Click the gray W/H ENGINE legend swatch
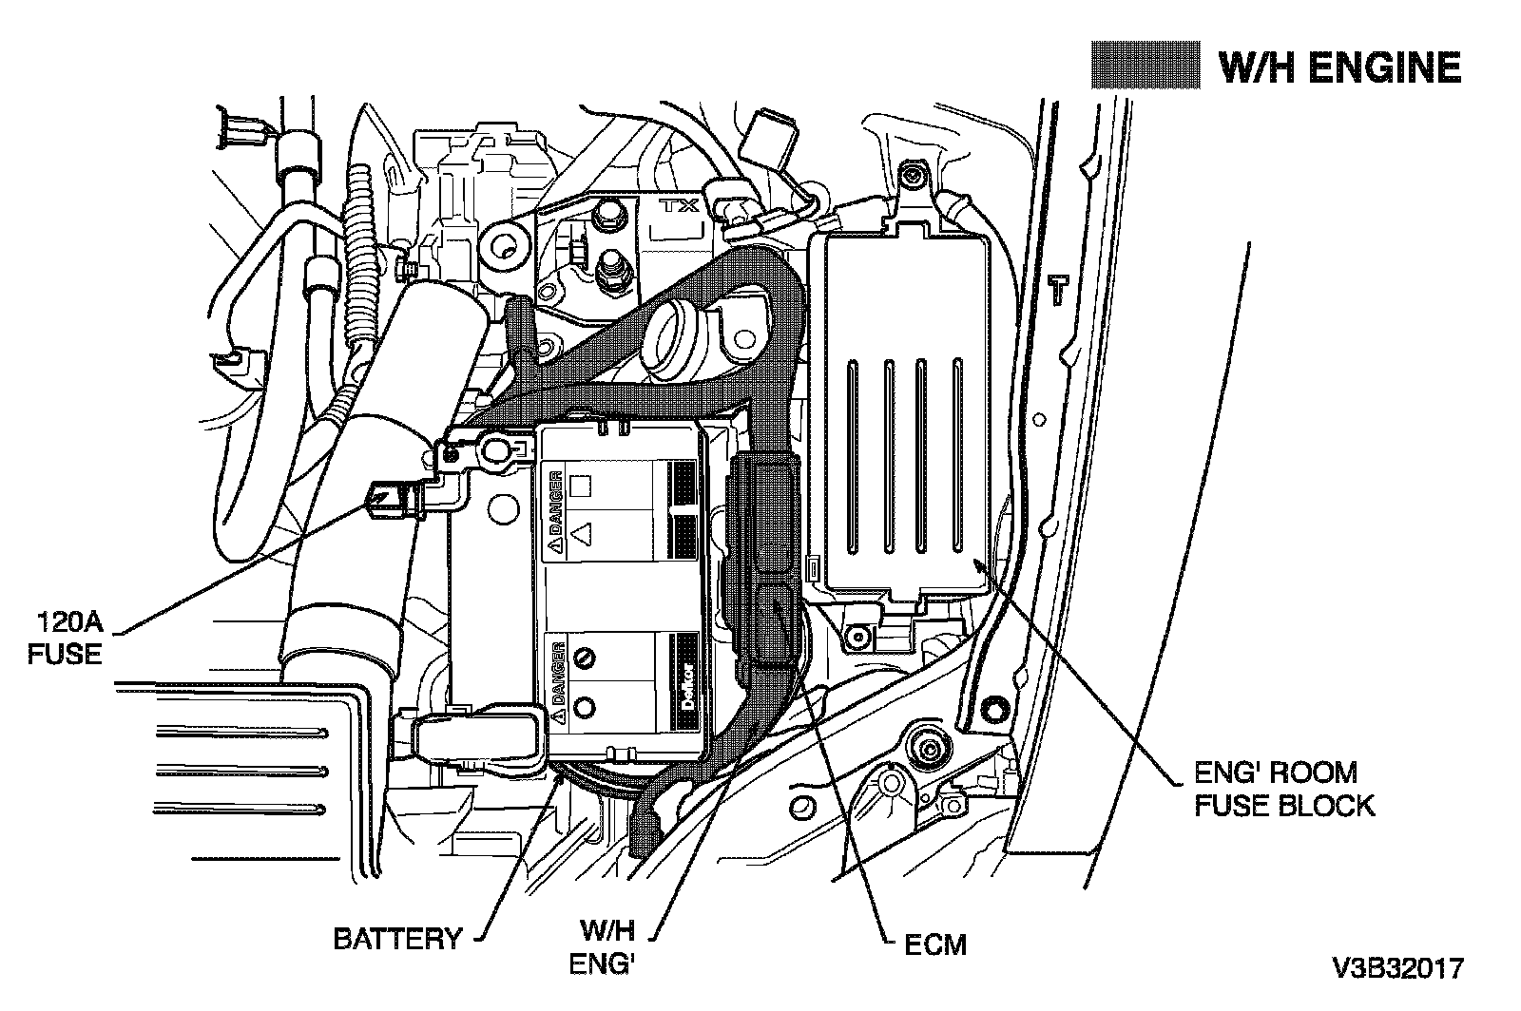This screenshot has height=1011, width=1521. tap(1146, 66)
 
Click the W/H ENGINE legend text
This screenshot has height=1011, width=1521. tap(1339, 67)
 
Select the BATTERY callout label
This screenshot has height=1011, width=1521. tap(397, 939)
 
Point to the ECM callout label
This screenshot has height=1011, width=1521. tap(935, 944)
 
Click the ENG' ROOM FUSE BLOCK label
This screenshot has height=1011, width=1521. tap(1284, 789)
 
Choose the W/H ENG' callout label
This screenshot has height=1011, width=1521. tap(603, 947)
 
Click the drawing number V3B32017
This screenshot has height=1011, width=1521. tap(1398, 969)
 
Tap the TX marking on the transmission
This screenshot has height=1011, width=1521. tap(681, 205)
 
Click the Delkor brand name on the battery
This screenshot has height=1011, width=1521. tap(688, 687)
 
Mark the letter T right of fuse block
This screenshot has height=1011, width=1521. tap(1058, 290)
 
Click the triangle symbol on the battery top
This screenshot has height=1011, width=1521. tap(582, 533)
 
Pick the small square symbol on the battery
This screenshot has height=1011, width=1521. tap(581, 486)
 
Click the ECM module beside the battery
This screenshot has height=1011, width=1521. tap(764, 563)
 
